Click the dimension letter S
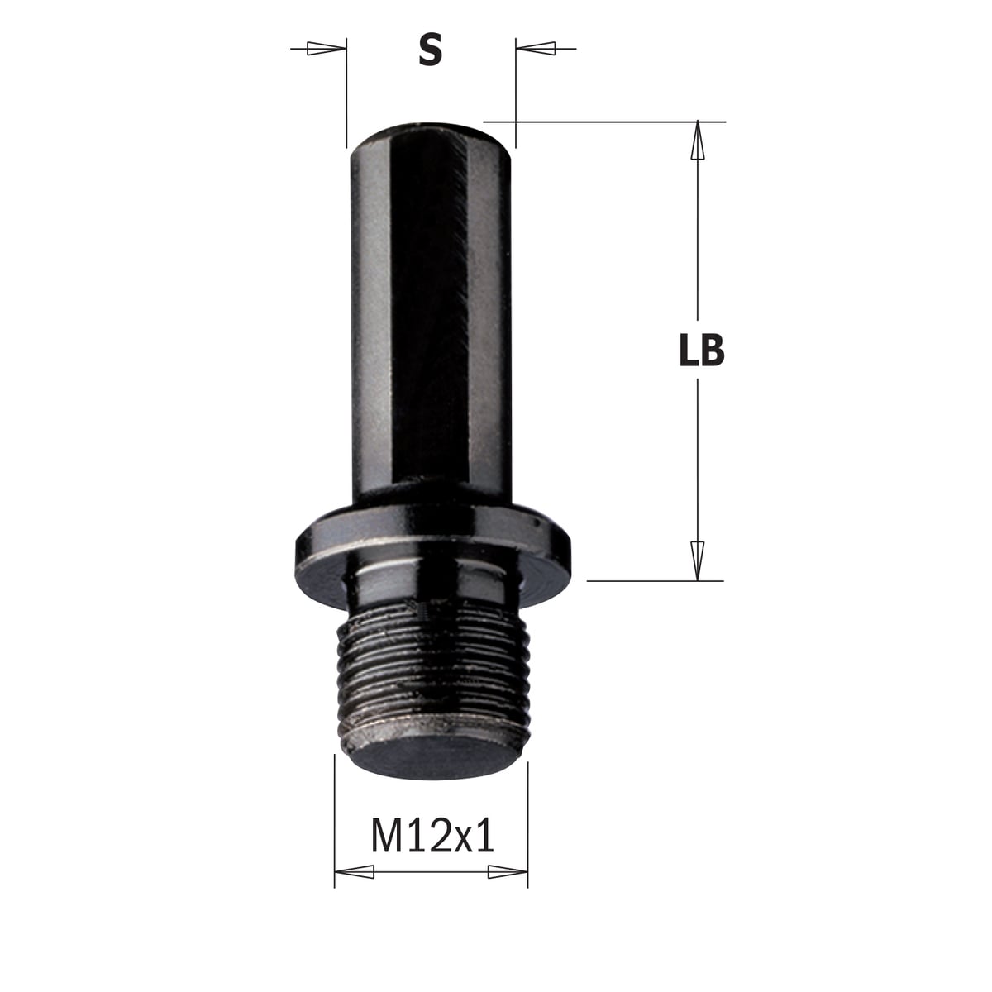431,50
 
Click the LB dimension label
701,351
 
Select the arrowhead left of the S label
327,49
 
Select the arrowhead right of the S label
536,49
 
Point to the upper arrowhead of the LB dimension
698,141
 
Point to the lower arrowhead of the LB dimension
698,561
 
